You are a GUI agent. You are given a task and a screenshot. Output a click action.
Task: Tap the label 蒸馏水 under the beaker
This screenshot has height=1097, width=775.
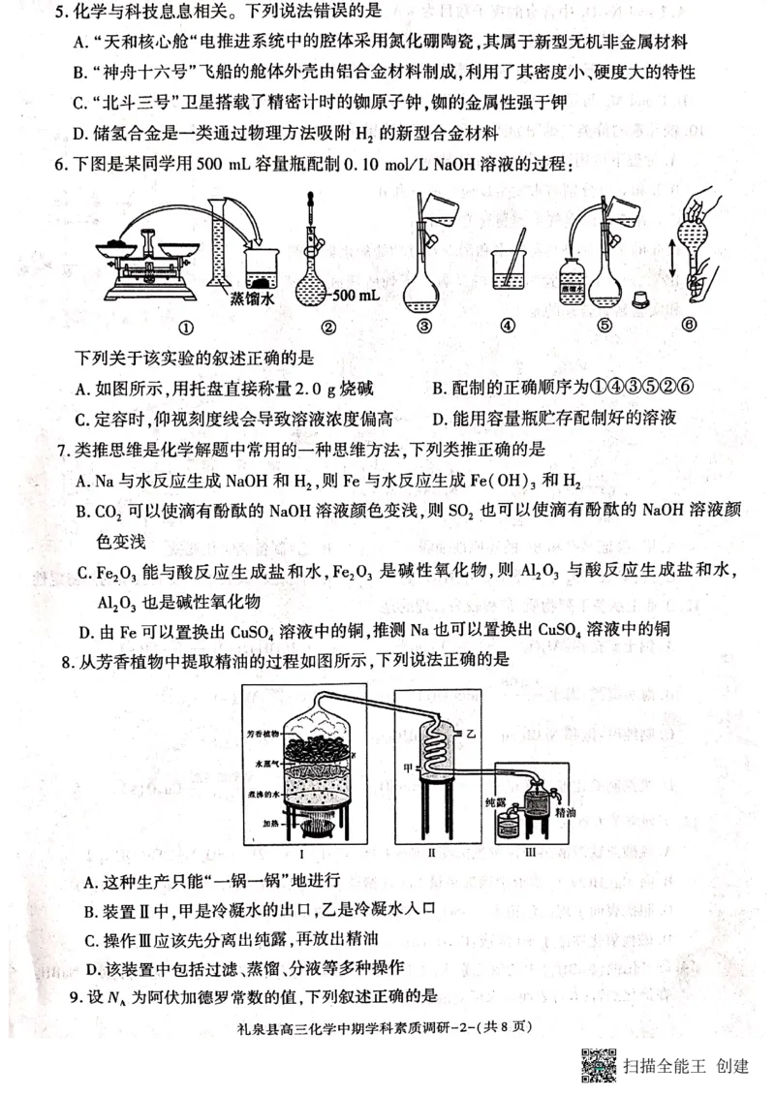tap(253, 298)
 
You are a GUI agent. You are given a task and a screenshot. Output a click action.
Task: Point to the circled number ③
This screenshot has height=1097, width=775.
tap(423, 327)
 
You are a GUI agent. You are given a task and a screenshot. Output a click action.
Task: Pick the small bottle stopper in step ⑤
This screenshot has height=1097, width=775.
tap(640, 297)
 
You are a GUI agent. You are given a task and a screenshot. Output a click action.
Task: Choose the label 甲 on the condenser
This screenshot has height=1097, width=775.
tap(409, 766)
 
